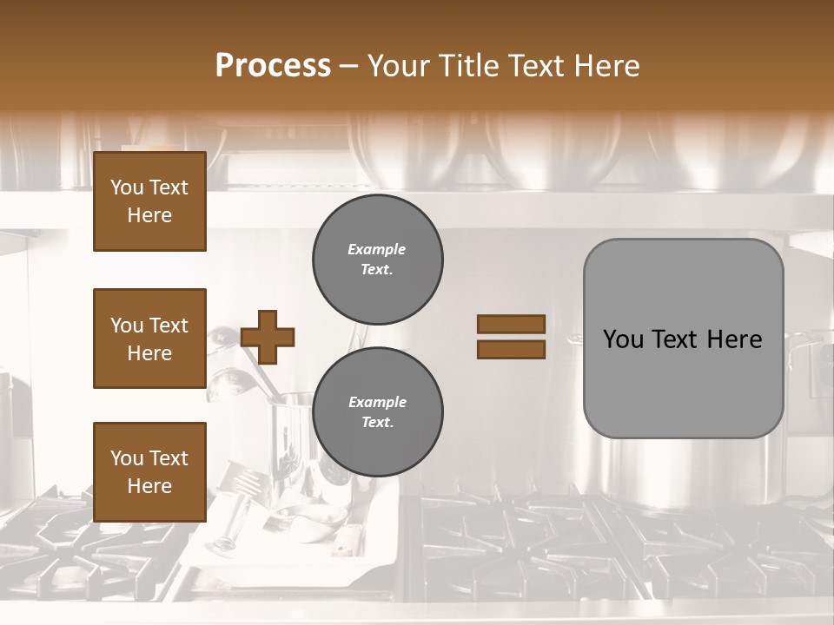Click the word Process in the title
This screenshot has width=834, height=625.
click(x=273, y=65)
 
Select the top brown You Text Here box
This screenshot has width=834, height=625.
click(x=149, y=201)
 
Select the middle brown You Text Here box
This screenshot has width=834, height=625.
click(x=149, y=339)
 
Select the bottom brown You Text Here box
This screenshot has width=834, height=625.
click(x=149, y=471)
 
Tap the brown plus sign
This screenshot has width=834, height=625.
click(x=268, y=337)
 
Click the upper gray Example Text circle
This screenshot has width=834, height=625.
click(x=378, y=260)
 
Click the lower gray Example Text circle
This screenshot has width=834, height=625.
click(x=378, y=412)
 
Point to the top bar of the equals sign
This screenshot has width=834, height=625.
click(x=511, y=324)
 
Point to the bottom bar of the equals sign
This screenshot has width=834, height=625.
click(x=511, y=350)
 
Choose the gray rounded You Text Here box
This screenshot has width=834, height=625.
click(x=683, y=339)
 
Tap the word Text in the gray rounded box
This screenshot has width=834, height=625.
click(x=678, y=339)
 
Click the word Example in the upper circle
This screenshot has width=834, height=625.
click(x=377, y=249)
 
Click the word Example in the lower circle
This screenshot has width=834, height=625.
click(x=378, y=402)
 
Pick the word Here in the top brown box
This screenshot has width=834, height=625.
click(x=149, y=215)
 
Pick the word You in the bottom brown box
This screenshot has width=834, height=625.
click(x=127, y=457)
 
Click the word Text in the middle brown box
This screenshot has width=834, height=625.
click(x=168, y=326)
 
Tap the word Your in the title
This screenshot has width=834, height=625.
click(x=401, y=65)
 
